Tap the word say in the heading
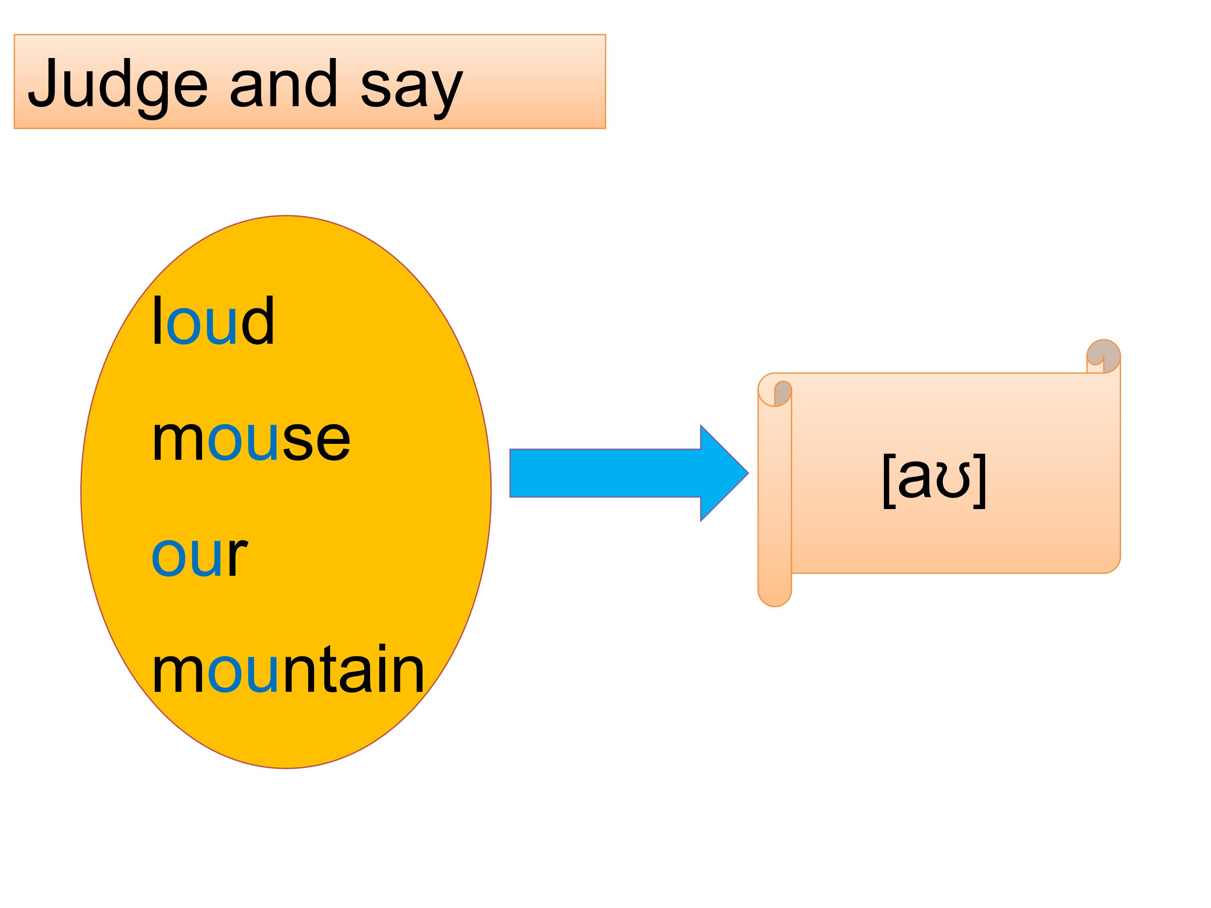[x=411, y=87]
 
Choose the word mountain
[x=288, y=670]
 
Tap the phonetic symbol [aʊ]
[x=934, y=480]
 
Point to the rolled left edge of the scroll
[x=774, y=493]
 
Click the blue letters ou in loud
[x=201, y=327]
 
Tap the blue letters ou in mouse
[x=243, y=444]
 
